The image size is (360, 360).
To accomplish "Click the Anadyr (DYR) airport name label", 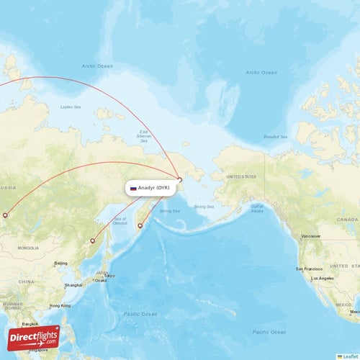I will point(154,188).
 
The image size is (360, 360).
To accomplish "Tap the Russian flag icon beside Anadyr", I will point(133,188).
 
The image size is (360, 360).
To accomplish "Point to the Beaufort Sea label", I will point(276,136).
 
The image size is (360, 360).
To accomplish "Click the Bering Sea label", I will point(169,211).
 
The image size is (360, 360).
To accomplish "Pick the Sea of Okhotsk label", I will point(120,221).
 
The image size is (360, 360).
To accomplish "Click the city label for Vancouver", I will point(311,235).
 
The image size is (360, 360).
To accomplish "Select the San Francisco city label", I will point(307,268).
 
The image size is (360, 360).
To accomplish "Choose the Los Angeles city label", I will point(322,277).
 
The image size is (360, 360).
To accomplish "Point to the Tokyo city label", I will point(109,275).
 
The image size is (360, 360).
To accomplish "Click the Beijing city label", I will point(61,264).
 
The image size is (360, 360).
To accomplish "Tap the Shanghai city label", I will point(73,285).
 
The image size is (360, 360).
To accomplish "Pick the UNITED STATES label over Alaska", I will point(240,176).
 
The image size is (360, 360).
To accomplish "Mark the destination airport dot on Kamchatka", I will point(140,226).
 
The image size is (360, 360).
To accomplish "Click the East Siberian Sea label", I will point(143,135).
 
